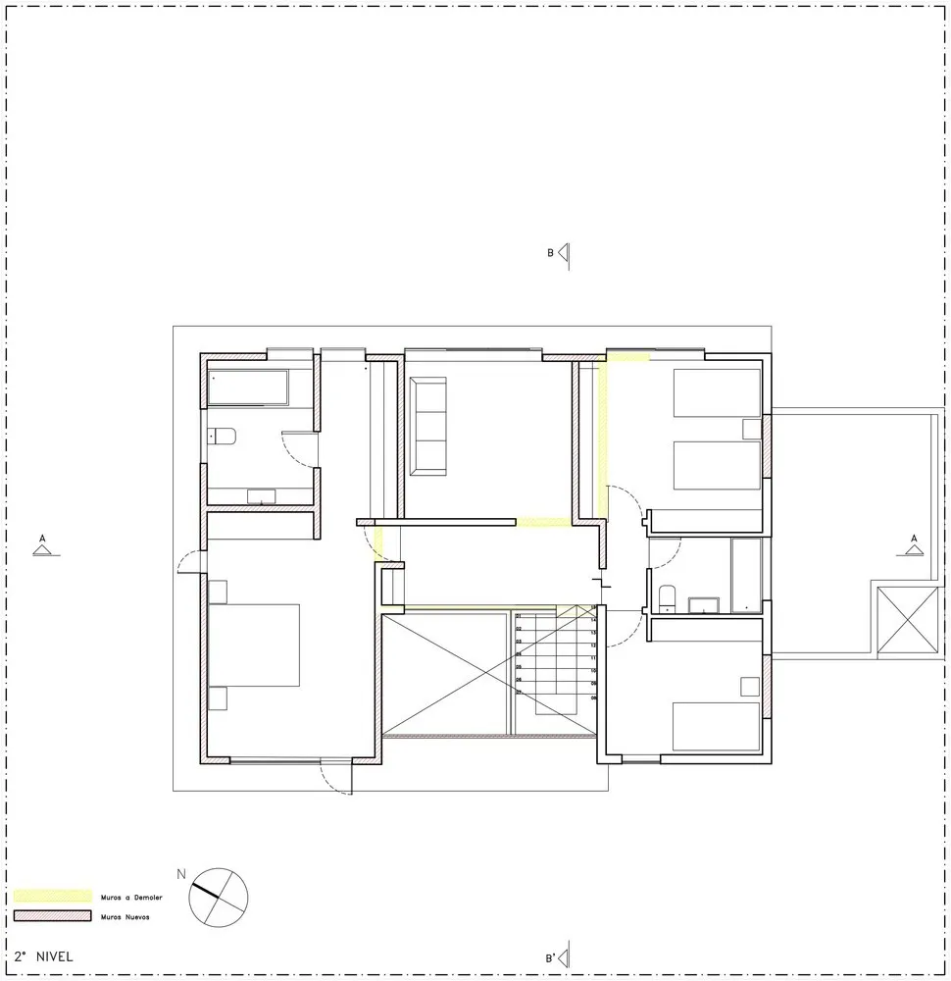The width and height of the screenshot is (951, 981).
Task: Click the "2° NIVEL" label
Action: tap(44, 955)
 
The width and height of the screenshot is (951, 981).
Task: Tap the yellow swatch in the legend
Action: tap(52, 897)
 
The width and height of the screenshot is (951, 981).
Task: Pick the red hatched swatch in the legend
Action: tap(52, 917)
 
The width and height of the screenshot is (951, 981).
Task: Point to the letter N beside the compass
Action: tap(180, 873)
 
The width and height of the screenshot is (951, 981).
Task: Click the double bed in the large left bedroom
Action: tap(255, 645)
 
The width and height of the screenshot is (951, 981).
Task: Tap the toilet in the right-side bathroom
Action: tap(667, 597)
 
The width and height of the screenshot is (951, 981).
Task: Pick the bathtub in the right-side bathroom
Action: tap(747, 575)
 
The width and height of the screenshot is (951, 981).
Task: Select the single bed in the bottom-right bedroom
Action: tap(716, 726)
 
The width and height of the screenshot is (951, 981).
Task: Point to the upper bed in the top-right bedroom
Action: tap(717, 392)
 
